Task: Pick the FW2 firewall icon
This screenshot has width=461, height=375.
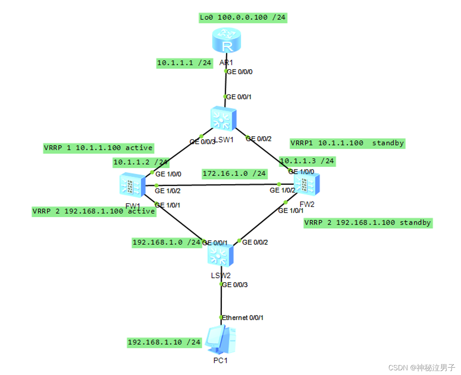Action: (307, 184)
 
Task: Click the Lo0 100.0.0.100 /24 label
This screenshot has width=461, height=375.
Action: (243, 18)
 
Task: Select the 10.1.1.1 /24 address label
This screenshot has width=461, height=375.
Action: (184, 62)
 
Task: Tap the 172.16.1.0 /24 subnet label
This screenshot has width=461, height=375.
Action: (234, 173)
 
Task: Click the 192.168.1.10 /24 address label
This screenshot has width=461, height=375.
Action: (164, 343)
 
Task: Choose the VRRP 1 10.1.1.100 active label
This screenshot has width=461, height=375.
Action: (98, 148)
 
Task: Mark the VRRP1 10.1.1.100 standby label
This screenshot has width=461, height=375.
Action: (347, 143)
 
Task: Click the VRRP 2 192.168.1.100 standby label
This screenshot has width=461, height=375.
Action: (368, 223)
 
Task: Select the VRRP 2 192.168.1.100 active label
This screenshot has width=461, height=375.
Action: (94, 211)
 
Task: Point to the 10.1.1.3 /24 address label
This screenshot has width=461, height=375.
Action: (307, 161)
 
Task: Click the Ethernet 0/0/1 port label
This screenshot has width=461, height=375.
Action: (243, 318)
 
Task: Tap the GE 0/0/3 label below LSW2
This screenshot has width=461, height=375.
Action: (235, 284)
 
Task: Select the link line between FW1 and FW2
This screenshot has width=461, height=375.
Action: (217, 185)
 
